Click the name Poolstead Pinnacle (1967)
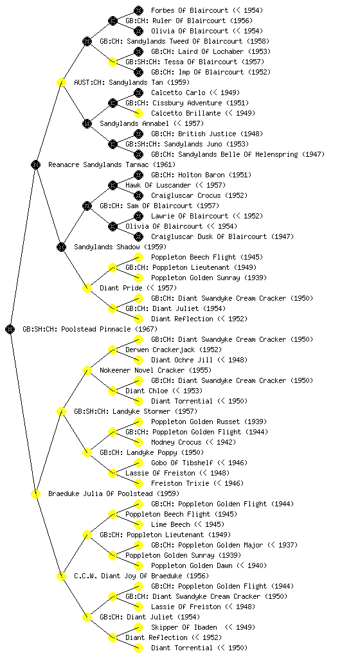coord(109,330)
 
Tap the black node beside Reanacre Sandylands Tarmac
coord(35,164)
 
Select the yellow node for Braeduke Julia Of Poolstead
coord(35,493)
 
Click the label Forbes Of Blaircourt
coord(190,10)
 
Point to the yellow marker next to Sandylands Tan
coord(61,82)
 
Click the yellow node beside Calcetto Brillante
coord(138,113)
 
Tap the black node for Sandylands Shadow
coord(61,247)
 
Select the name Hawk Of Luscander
coord(157,185)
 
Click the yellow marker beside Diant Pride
coord(87,288)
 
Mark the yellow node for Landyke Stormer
coord(61,411)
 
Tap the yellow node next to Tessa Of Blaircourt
coord(113,62)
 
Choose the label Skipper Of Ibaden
coord(184,627)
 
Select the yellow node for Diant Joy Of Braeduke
coord(61,576)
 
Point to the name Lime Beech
coord(170,524)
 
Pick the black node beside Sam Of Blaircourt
coord(87,206)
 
